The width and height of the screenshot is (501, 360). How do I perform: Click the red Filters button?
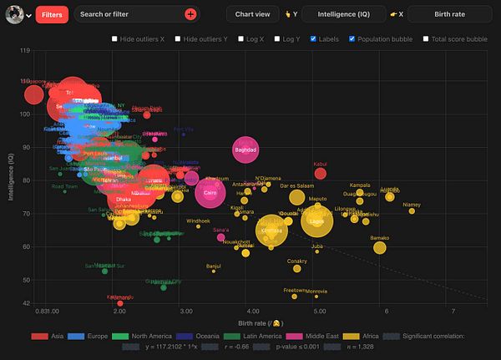tap(52, 14)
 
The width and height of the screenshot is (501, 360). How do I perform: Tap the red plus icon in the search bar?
tap(190, 14)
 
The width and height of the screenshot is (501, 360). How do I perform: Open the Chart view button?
tap(252, 14)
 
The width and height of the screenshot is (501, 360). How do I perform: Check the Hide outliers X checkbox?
tap(115, 38)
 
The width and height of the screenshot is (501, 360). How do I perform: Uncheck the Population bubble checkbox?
tap(352, 38)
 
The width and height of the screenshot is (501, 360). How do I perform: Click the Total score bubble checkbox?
tap(426, 38)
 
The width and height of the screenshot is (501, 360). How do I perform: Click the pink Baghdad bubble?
tap(245, 150)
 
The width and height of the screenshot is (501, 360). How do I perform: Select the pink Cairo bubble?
tap(210, 194)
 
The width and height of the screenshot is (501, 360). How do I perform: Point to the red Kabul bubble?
tap(320, 174)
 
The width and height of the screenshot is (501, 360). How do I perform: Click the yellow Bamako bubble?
tap(380, 247)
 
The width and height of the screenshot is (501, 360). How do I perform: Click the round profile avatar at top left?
tap(14, 14)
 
